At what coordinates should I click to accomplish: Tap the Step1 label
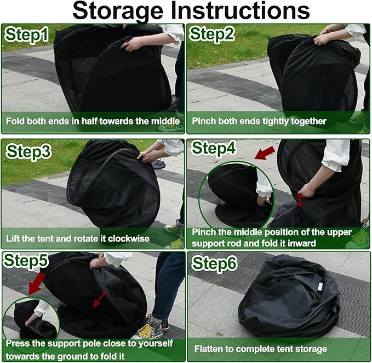tap(26, 35)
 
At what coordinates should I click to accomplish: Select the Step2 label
tap(212, 34)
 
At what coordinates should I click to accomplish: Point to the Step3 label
tap(28, 151)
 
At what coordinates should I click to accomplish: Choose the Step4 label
tap(214, 149)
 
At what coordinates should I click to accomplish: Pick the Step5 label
tap(26, 260)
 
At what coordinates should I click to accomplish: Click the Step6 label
tap(214, 264)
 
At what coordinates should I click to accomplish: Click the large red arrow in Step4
tap(265, 153)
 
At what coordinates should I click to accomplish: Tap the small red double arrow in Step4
tap(300, 200)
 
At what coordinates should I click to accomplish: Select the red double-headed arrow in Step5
tap(99, 299)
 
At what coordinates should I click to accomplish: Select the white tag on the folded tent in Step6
tap(320, 287)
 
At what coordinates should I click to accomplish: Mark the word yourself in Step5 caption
tap(156, 343)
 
